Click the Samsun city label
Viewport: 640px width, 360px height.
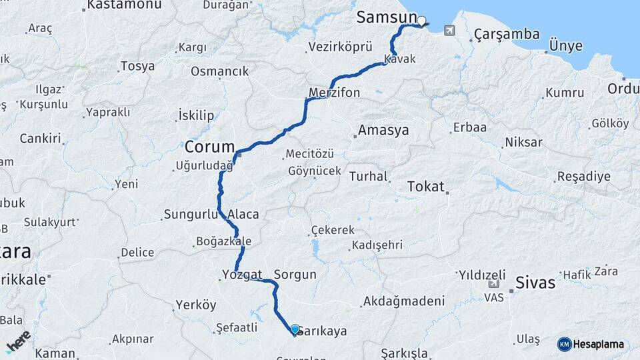[x=387, y=17]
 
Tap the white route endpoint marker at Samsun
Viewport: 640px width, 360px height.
[x=422, y=21]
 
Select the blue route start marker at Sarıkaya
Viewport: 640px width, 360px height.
[x=295, y=329]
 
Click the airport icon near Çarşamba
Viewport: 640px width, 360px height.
[x=449, y=30]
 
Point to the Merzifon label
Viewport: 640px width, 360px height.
[x=335, y=92]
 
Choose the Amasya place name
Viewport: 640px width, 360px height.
[x=383, y=131]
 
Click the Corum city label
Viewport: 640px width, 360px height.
[x=210, y=147]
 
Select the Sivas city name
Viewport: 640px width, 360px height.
[x=535, y=283]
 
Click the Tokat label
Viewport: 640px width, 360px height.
[x=425, y=186]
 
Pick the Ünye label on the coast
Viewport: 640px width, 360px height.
[x=565, y=46]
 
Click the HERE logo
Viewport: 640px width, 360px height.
[x=18, y=341]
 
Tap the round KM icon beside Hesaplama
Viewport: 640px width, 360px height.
[x=564, y=344]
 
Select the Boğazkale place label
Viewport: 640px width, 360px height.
[x=223, y=241]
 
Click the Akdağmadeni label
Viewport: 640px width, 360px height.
[x=403, y=301]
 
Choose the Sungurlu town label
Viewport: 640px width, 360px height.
[x=190, y=215]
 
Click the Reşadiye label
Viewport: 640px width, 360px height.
[x=583, y=177]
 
